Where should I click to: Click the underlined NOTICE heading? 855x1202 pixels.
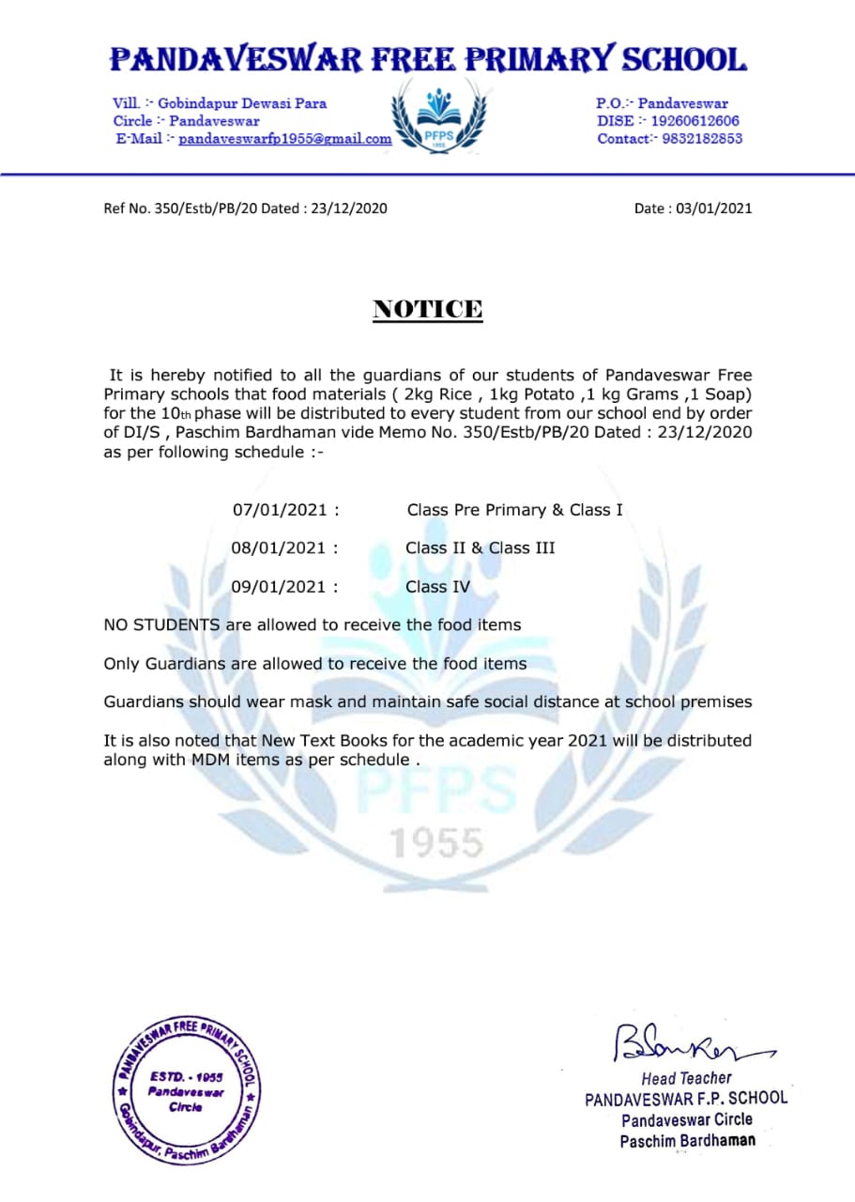pos(428,309)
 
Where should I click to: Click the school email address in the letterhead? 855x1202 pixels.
pos(285,139)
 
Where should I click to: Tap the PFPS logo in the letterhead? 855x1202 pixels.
pos(438,115)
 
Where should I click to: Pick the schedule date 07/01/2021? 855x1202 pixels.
pos(280,510)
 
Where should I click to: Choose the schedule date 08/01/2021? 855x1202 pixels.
pos(280,548)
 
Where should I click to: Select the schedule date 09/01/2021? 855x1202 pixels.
pos(280,587)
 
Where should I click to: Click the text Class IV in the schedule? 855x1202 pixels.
pos(438,587)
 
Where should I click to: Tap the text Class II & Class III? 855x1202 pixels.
pos(481,548)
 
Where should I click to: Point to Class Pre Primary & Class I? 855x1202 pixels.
pos(514,510)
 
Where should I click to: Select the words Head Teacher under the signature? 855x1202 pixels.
pos(686,1078)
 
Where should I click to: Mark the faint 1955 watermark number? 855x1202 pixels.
pos(436,842)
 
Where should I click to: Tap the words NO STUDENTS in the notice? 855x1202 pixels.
pos(162,624)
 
